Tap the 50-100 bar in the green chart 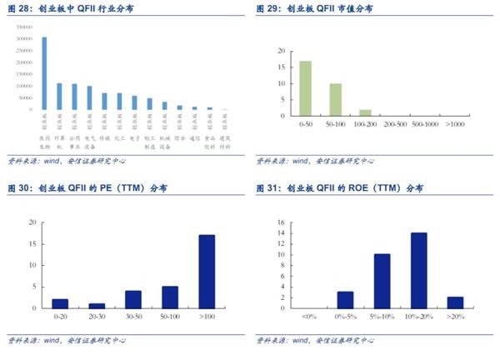(x=335, y=99)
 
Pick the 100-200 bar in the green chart (x=365, y=112)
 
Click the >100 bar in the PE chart (x=207, y=271)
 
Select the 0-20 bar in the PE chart (x=59, y=303)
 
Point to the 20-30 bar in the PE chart (x=96, y=305)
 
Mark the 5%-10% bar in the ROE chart (x=382, y=281)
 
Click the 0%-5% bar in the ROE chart (x=345, y=299)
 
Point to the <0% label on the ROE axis (x=309, y=317)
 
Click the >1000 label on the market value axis (x=456, y=124)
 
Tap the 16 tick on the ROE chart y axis (x=282, y=222)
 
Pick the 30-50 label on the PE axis (x=132, y=317)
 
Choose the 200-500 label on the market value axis (x=396, y=124)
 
